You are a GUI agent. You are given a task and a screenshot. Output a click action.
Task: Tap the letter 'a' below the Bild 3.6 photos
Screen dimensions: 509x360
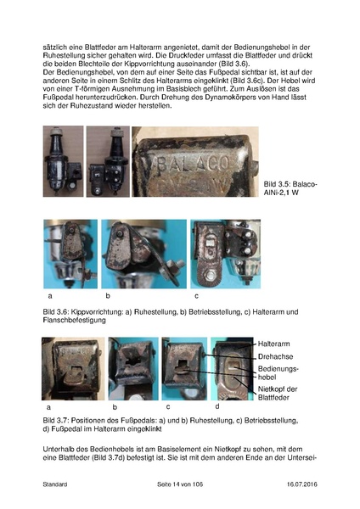click(x=49, y=296)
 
